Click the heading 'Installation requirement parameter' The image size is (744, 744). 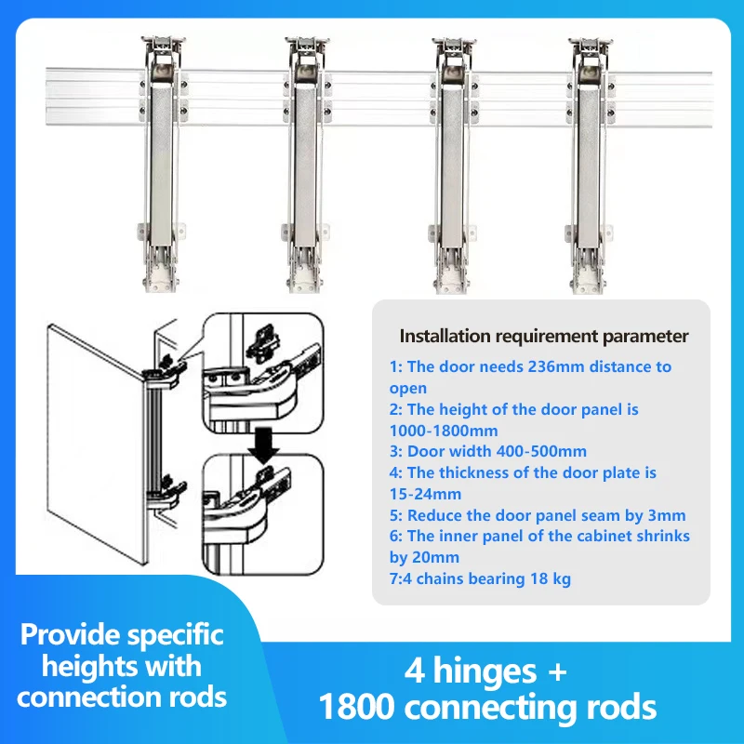544,336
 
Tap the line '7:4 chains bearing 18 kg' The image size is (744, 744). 480,578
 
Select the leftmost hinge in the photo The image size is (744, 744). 162,158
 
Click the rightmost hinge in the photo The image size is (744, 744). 590,158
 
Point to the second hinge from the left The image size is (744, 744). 303,158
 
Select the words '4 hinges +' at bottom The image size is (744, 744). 485,671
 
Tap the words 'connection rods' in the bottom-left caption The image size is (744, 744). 122,696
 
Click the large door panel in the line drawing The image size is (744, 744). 93,437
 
